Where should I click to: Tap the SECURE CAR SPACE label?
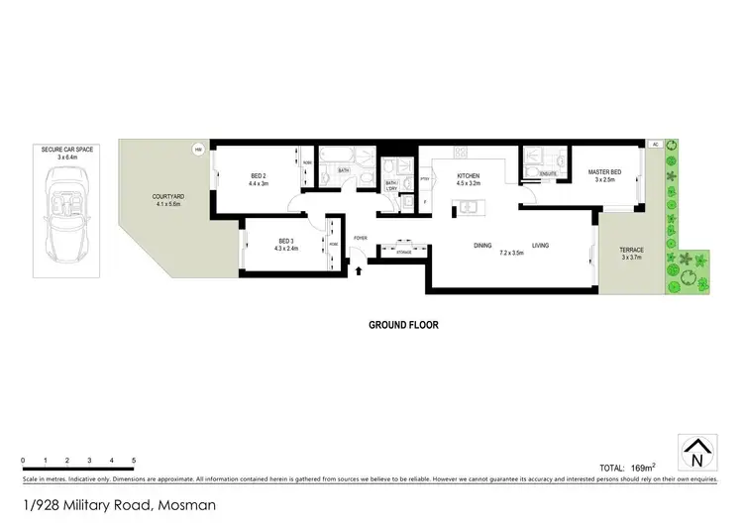pos(68,150)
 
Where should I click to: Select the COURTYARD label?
pos(167,196)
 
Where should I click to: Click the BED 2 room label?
pos(260,176)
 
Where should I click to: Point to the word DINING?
pos(482,245)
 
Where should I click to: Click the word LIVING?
pos(540,245)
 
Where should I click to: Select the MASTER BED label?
pos(604,171)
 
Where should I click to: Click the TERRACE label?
pos(631,250)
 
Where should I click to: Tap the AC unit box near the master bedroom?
pos(655,145)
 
